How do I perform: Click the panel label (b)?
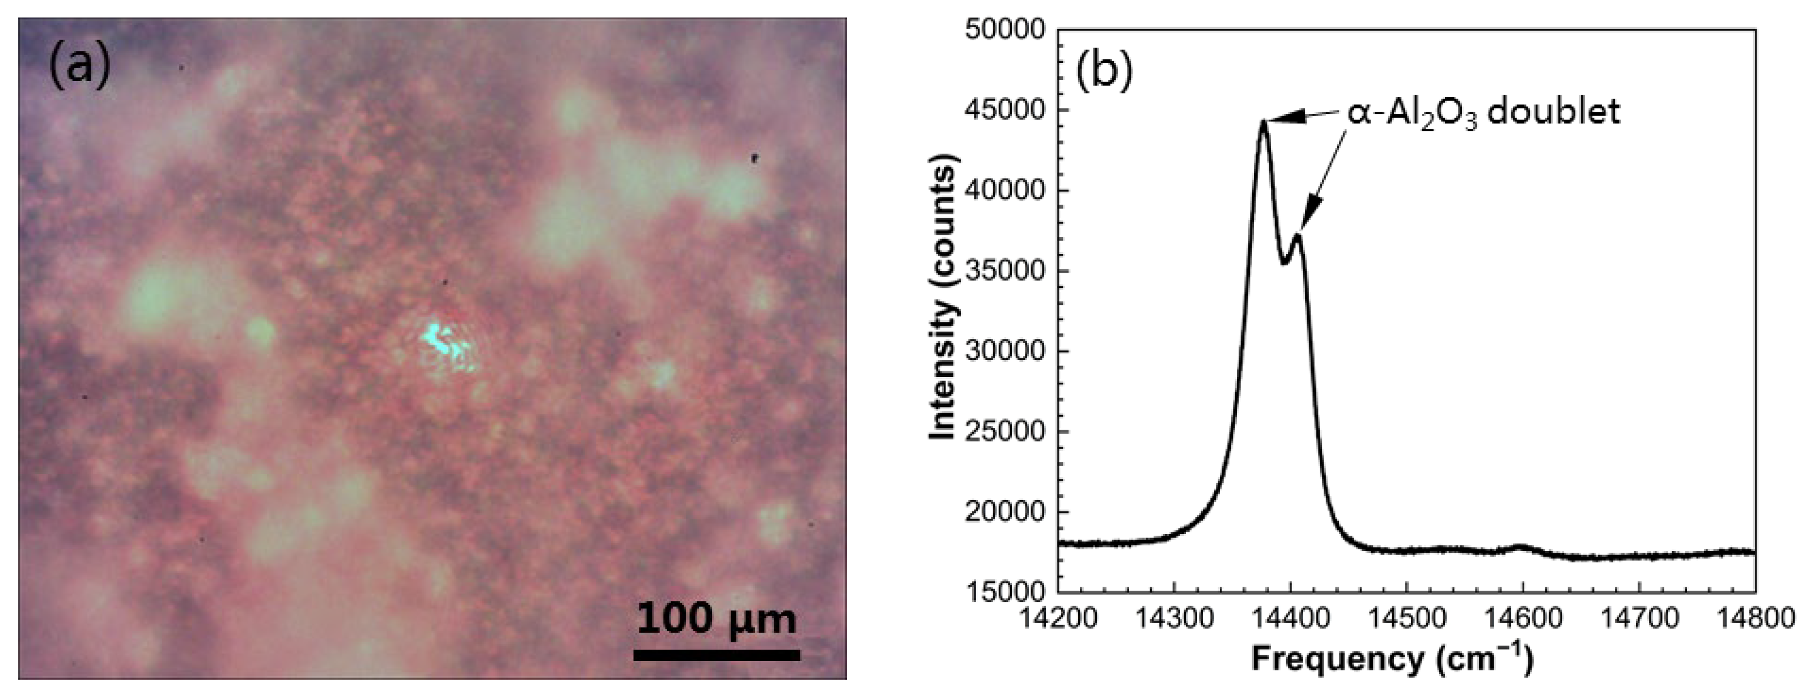[x=1105, y=72]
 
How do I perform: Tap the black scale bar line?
[x=716, y=655]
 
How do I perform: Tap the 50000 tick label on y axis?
[x=1004, y=30]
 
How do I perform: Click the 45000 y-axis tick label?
[x=1004, y=111]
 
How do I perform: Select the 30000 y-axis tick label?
[x=1004, y=351]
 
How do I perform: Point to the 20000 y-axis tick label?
[x=1004, y=512]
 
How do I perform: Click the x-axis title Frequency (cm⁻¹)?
[x=1392, y=660]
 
